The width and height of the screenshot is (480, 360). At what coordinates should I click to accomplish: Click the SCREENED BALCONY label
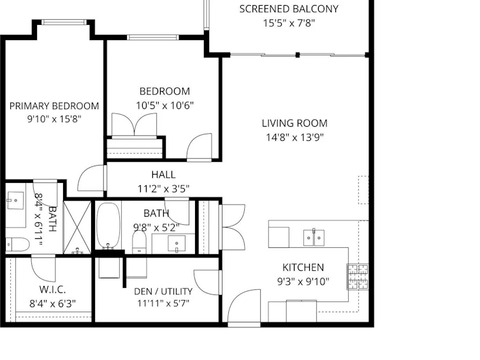[289, 9]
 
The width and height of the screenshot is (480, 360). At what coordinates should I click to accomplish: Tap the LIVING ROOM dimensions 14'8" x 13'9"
[295, 138]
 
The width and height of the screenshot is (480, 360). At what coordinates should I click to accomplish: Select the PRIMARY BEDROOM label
[54, 106]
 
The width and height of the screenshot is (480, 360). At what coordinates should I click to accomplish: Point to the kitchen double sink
[314, 238]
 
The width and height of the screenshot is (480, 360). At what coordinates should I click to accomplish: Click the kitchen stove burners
[358, 277]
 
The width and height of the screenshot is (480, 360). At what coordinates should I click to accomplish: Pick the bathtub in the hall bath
[108, 226]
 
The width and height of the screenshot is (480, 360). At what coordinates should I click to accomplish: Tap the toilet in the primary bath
[17, 245]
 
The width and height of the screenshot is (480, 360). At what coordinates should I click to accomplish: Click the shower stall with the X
[77, 227]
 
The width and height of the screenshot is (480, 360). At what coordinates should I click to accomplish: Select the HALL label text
[163, 175]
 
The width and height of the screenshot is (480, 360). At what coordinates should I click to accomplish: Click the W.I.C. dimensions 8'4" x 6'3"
[52, 304]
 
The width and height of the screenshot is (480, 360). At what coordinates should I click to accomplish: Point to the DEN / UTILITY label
[163, 291]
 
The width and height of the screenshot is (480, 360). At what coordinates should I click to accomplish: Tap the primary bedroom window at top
[64, 22]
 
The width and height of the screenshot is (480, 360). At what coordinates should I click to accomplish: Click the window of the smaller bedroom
[153, 38]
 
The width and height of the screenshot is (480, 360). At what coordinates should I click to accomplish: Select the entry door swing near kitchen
[244, 306]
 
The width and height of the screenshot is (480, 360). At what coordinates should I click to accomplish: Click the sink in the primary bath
[15, 200]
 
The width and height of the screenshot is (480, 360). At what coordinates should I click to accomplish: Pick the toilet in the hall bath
[140, 242]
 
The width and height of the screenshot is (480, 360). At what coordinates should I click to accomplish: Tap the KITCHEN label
[303, 268]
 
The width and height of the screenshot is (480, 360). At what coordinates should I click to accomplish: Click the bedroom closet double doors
[134, 125]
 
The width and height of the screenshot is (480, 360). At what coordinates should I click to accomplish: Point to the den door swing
[207, 282]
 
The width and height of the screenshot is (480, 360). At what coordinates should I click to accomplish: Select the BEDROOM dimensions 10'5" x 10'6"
[164, 106]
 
